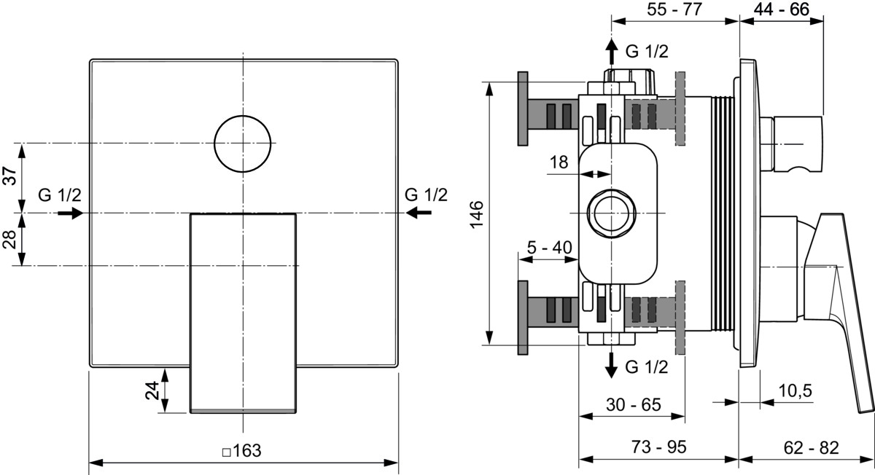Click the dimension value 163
(247, 451)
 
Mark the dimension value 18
(558, 162)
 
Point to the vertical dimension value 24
(152, 391)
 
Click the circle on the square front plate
(243, 144)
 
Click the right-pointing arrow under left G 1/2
(71, 213)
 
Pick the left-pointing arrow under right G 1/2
(419, 213)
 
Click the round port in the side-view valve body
(611, 213)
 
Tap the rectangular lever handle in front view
(244, 313)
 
